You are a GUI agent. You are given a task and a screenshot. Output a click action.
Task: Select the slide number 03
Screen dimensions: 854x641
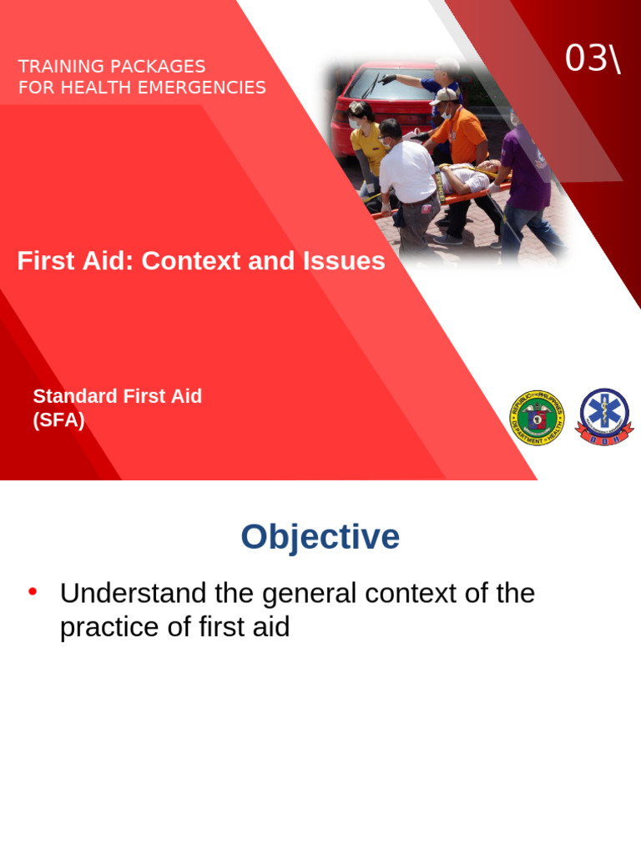pos(585,58)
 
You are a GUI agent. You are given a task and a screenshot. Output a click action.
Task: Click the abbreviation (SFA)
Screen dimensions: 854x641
pos(58,420)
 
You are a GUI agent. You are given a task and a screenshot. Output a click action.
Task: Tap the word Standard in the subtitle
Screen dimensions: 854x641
pos(74,396)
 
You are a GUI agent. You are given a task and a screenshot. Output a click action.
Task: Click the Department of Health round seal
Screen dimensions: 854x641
pos(537,417)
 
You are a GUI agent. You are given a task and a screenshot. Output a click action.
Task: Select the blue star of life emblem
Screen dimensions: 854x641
pos(605,416)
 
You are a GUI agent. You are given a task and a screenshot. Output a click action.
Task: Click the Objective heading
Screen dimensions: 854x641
pos(320,537)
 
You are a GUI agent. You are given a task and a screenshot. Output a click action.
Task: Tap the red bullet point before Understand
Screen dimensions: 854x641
pos(33,592)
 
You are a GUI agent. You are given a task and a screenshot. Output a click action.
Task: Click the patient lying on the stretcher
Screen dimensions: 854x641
pos(472,177)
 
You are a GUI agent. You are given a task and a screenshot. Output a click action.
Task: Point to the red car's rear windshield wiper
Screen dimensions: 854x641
pos(371,86)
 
